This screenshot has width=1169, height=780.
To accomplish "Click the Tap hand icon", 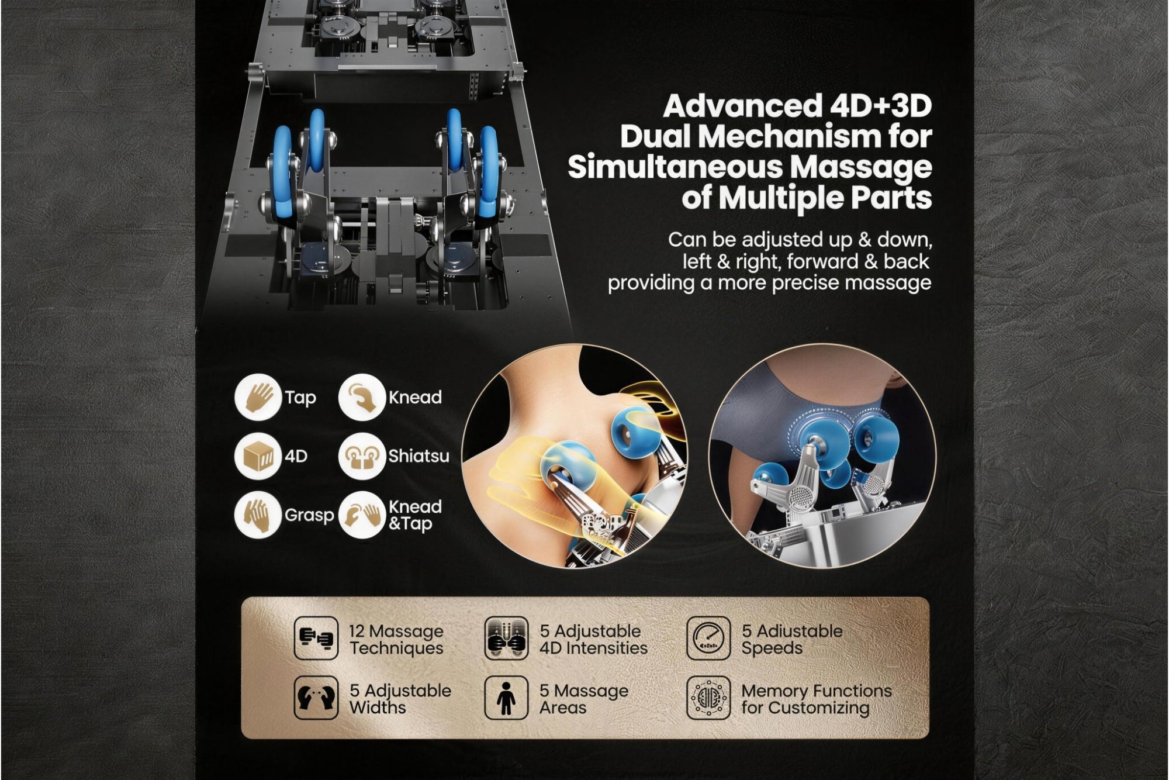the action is click(x=258, y=398).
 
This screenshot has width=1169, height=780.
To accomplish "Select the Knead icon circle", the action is click(x=362, y=398).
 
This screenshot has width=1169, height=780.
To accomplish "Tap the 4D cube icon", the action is click(x=258, y=456).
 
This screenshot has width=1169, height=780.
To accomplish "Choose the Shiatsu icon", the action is click(x=362, y=456).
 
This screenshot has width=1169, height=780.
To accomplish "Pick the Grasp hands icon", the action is click(x=258, y=515).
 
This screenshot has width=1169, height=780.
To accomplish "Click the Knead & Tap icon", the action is click(x=362, y=515).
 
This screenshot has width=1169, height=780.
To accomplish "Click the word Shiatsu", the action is click(x=419, y=455).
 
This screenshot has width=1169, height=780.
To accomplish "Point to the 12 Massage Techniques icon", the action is click(x=316, y=638).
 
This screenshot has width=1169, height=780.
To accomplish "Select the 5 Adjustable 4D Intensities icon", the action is click(x=507, y=638).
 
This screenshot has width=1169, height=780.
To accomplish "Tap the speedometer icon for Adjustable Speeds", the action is click(x=708, y=638).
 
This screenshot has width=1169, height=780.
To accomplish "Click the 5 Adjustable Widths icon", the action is click(x=316, y=698).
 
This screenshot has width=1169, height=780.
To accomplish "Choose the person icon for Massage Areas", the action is click(x=507, y=698).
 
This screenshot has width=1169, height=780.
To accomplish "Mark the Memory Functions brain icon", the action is click(x=708, y=698).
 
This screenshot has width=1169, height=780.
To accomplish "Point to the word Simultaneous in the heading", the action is click(x=696, y=168).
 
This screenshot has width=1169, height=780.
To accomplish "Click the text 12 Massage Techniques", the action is click(x=396, y=640).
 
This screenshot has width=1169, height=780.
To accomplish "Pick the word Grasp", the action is click(x=309, y=516).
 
